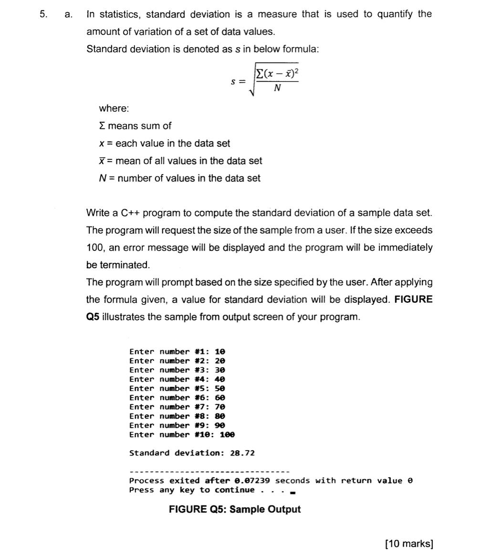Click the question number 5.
coord(43,14)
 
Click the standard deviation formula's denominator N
coord(277,88)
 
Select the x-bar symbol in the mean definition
coord(102,161)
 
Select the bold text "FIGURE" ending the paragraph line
coord(414,300)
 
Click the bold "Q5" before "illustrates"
coord(93,317)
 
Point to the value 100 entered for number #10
coord(227,434)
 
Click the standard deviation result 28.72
coord(242,453)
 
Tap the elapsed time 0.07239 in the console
coord(251,481)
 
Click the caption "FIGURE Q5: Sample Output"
coord(235,509)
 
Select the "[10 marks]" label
coord(409,544)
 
